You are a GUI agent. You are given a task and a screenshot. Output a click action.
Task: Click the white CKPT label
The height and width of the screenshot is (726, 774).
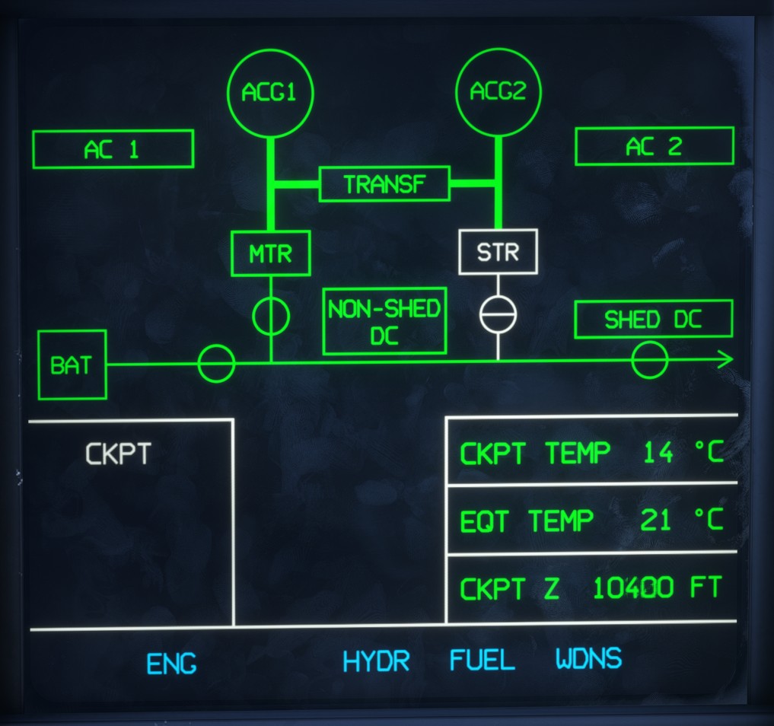tap(118, 454)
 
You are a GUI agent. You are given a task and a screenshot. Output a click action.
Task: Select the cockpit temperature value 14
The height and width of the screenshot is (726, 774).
tap(658, 452)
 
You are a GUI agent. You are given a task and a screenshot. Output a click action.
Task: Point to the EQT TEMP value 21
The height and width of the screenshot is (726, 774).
tap(655, 521)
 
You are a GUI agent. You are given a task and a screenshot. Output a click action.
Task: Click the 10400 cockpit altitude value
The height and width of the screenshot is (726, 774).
tap(633, 587)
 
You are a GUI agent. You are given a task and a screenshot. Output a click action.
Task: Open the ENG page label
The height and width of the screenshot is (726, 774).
tap(171, 664)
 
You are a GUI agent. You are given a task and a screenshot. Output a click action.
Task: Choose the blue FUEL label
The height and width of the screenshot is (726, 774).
tap(483, 660)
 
